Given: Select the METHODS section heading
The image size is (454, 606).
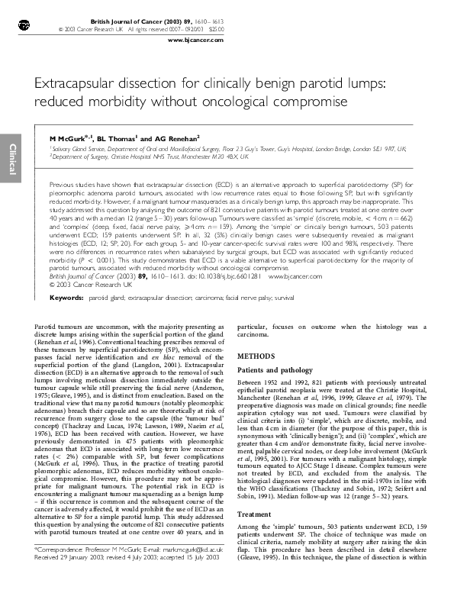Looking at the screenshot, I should point(255,356).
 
